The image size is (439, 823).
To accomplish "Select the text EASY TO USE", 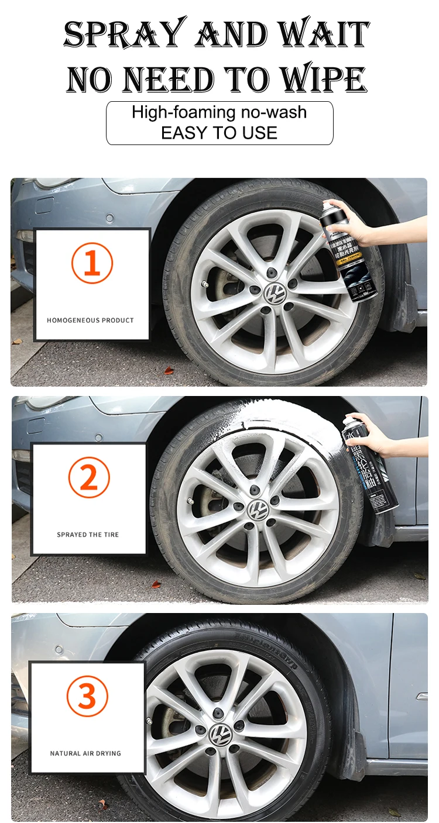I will tap(219, 133).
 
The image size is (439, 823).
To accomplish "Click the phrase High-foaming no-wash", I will tap(219, 112).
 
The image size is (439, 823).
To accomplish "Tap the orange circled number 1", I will tap(92, 263).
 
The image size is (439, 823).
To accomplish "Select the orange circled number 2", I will tap(88, 478).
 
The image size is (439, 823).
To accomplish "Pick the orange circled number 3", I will tap(87, 696).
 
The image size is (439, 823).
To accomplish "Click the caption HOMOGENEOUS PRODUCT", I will tap(90, 321).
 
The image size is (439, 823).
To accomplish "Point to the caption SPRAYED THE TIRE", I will tap(88, 535).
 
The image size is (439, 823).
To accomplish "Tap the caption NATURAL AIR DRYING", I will tap(85, 753).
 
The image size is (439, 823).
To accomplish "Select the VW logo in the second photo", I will tap(256, 509).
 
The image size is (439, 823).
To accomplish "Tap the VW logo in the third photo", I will tap(220, 733).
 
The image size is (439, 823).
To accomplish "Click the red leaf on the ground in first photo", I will tap(169, 370).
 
